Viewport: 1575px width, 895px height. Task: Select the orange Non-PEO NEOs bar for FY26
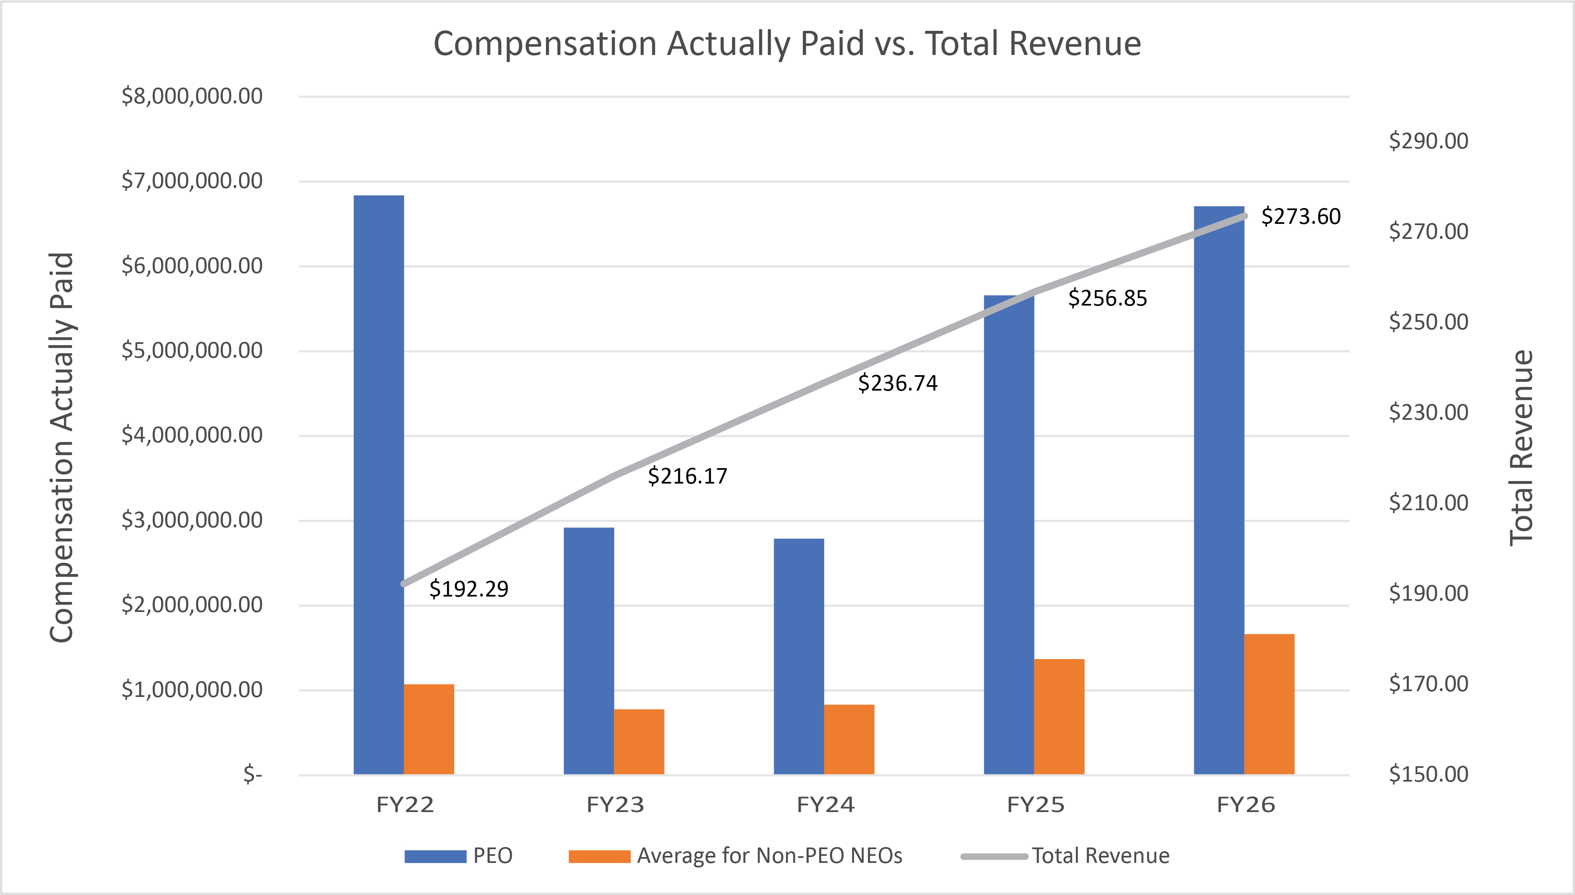pyautogui.click(x=1269, y=704)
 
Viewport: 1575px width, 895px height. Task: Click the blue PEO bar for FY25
pyautogui.click(x=1009, y=535)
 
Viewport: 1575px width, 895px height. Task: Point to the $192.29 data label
pyautogui.click(x=469, y=589)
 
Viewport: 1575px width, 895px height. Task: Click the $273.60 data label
pyautogui.click(x=1301, y=216)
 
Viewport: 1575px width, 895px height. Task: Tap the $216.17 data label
pyautogui.click(x=687, y=476)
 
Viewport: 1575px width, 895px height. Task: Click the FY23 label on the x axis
pyautogui.click(x=615, y=805)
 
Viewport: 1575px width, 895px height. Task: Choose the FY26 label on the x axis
pyautogui.click(x=1246, y=805)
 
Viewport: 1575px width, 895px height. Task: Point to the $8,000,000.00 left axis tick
pyautogui.click(x=192, y=96)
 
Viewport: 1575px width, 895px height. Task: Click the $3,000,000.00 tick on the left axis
pyautogui.click(x=192, y=520)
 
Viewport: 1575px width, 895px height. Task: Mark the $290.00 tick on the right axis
pyautogui.click(x=1428, y=141)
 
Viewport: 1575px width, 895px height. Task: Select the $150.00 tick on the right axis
pyautogui.click(x=1428, y=774)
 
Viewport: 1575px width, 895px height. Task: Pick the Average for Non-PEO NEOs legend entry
pyautogui.click(x=735, y=856)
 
